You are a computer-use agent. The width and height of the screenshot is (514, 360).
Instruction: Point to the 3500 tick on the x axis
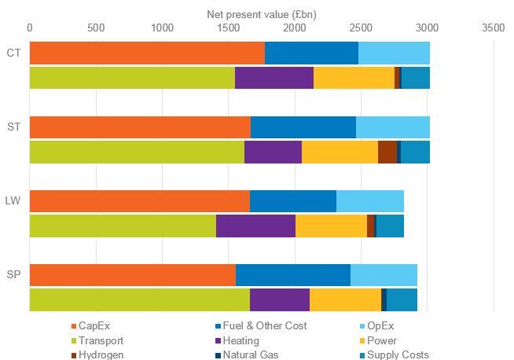[494, 28]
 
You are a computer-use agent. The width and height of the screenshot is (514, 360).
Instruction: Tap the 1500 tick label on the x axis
[229, 28]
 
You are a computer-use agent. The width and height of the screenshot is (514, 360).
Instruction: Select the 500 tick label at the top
[96, 28]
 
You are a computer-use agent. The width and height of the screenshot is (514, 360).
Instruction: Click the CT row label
[13, 53]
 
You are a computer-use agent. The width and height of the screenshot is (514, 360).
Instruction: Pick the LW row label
[13, 202]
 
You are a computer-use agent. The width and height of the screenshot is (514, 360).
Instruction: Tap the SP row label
[13, 275]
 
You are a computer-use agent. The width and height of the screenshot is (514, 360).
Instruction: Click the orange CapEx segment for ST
[140, 127]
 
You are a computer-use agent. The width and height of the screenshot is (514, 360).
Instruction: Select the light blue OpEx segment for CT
[394, 53]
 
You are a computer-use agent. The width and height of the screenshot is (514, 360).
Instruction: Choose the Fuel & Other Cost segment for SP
[292, 275]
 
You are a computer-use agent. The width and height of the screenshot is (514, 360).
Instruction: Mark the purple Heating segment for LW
[255, 226]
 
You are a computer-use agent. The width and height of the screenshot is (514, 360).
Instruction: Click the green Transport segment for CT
[132, 79]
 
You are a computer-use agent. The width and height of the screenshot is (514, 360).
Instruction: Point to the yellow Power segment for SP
[345, 300]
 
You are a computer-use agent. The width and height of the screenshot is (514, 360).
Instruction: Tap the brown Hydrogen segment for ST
[387, 152]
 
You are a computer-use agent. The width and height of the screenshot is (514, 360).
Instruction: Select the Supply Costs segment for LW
[390, 226]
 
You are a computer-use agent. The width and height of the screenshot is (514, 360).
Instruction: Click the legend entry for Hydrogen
[101, 354]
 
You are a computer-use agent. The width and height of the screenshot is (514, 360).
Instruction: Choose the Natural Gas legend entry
[251, 354]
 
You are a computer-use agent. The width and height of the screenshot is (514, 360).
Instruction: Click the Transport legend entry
[101, 340]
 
